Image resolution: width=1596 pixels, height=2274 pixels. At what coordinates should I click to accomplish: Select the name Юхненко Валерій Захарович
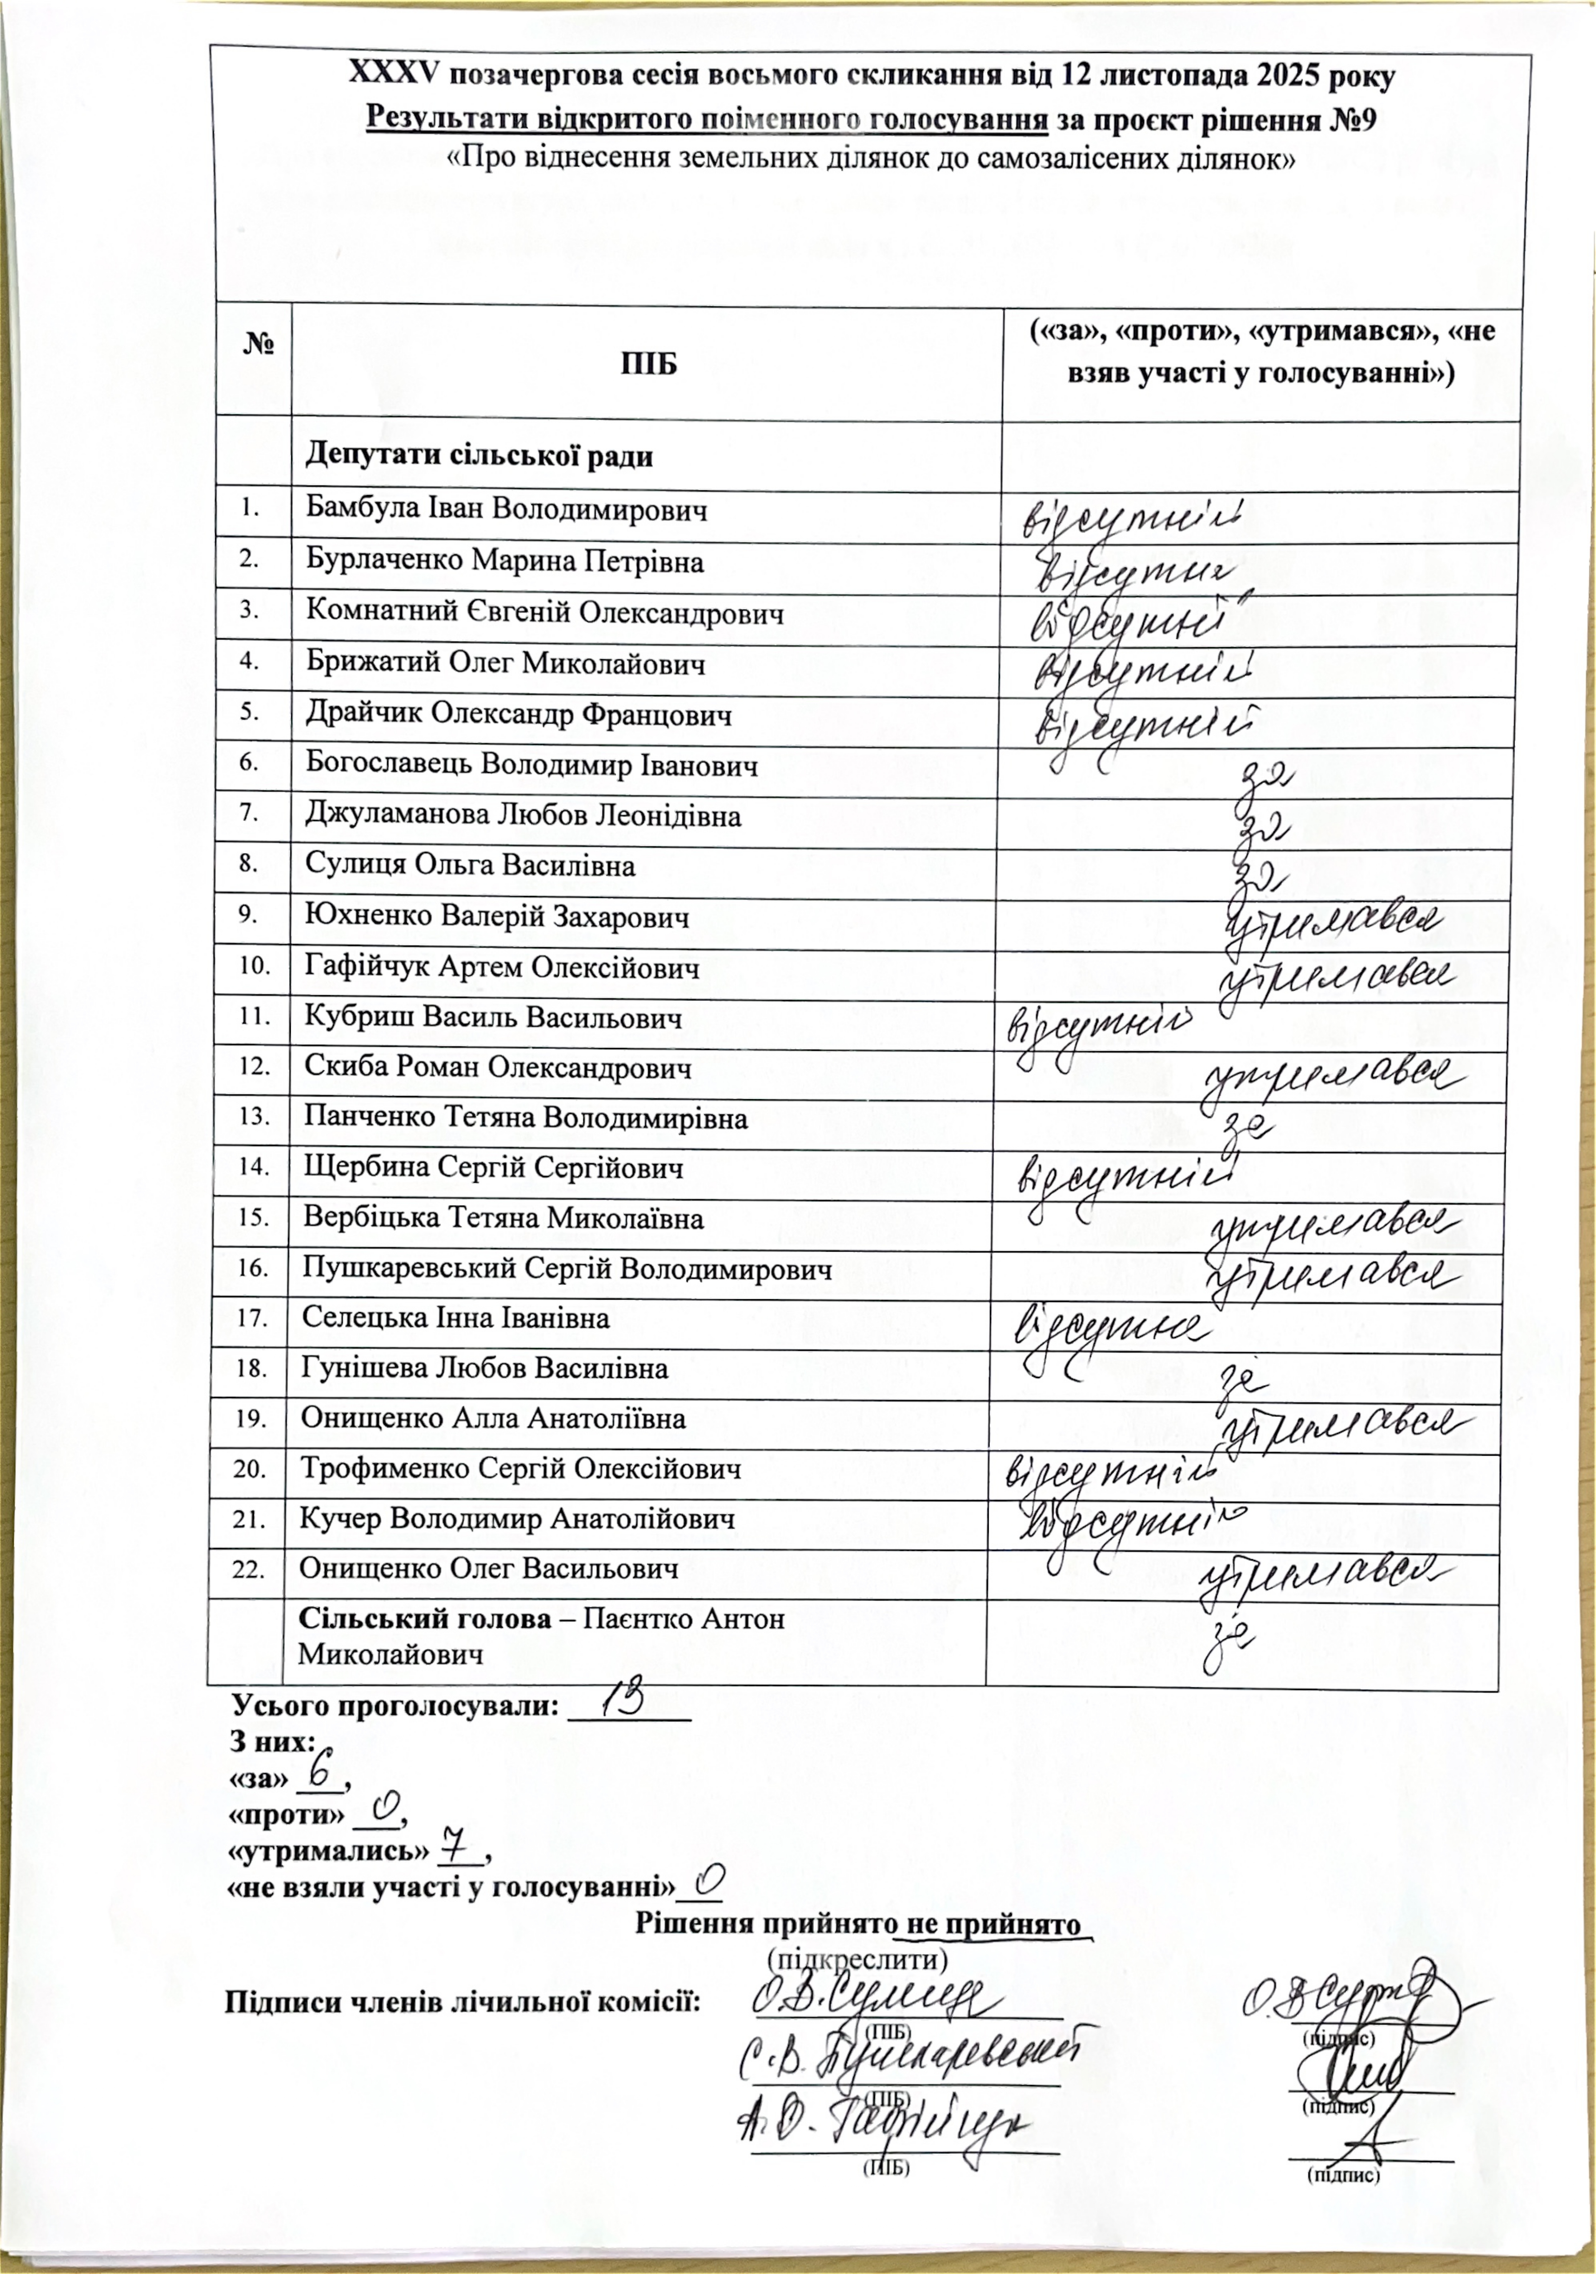coord(497,917)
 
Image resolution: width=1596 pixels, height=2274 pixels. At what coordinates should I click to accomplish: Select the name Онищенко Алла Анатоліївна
coord(493,1418)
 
